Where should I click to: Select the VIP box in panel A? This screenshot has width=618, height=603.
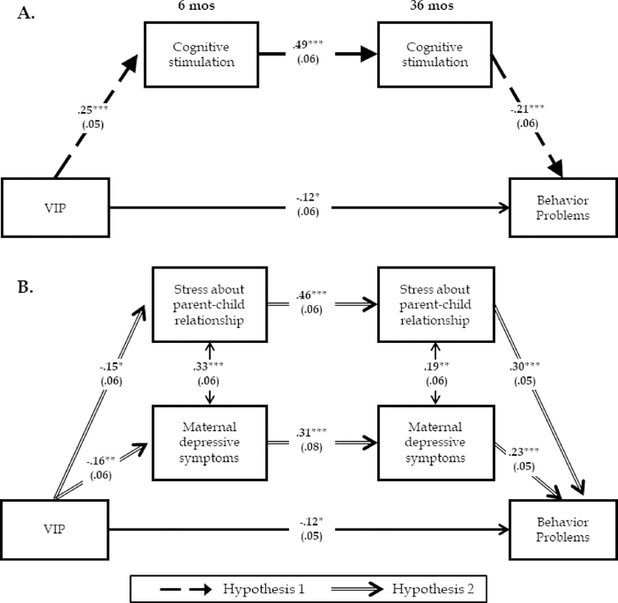[55, 207]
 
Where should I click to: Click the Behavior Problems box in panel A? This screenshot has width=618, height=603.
[561, 207]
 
